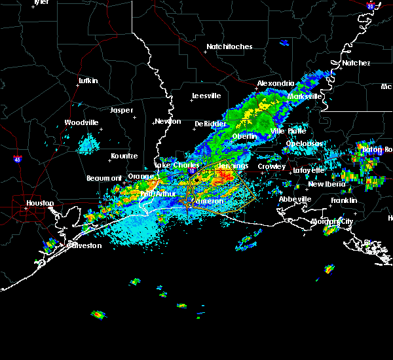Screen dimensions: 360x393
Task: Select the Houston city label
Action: click(41, 203)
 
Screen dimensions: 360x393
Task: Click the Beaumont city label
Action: click(104, 178)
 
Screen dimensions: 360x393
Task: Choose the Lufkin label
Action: click(88, 81)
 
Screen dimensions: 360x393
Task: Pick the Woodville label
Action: click(82, 122)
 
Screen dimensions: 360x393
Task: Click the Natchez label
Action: click(356, 63)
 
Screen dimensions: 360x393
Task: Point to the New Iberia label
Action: click(325, 184)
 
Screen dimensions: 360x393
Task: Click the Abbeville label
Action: click(294, 199)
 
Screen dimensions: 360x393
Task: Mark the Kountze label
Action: click(124, 156)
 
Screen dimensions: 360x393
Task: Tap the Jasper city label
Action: click(121, 111)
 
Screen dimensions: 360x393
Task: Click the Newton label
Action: click(168, 121)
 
